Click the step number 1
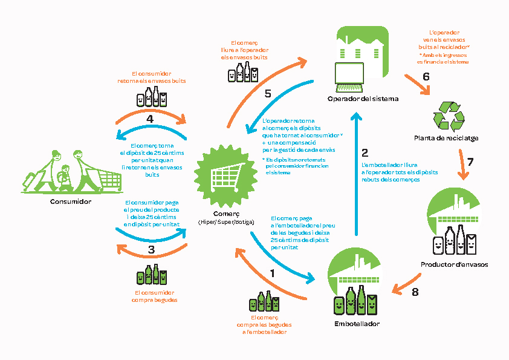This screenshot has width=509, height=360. click(x=272, y=273)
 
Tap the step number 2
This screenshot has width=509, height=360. click(x=365, y=152)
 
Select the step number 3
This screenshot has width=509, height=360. click(x=151, y=249)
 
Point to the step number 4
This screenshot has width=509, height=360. click(x=150, y=119)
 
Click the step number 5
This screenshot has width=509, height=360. click(x=268, y=93)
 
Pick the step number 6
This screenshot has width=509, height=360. click(x=426, y=77)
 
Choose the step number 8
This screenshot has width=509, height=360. click(x=415, y=292)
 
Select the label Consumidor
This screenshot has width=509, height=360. click(x=71, y=201)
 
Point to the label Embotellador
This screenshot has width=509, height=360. click(x=357, y=324)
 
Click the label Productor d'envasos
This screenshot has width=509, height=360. click(x=454, y=264)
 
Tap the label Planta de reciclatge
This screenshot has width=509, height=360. click(x=446, y=138)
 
